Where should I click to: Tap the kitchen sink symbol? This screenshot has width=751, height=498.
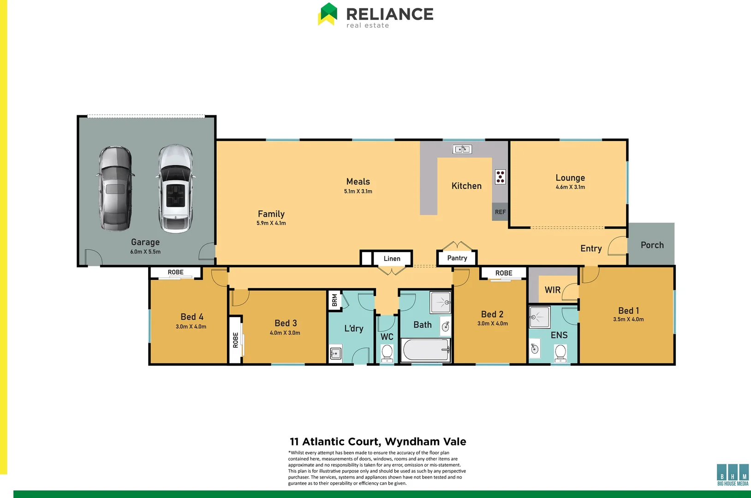462,149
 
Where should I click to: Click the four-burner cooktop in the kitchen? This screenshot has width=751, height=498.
500,177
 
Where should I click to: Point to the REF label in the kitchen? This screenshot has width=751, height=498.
500,212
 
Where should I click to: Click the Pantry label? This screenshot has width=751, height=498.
457,258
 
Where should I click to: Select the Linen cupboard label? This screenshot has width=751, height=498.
392,259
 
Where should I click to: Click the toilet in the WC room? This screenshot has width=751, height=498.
387,353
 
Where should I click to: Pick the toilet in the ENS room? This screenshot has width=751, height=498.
560,353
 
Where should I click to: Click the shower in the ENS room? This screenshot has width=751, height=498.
539,317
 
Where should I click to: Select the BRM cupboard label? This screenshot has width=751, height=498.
334,301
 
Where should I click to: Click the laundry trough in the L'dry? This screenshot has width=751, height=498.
336,354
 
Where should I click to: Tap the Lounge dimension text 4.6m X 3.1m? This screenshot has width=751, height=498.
570,187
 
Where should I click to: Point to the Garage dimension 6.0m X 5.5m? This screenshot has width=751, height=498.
145,252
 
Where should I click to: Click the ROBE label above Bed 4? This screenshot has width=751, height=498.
175,273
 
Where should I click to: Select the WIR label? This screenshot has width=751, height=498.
553,290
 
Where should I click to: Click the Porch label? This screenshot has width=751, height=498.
652,245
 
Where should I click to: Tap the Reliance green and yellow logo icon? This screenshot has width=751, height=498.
328,14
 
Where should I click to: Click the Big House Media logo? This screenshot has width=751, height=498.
733,474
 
